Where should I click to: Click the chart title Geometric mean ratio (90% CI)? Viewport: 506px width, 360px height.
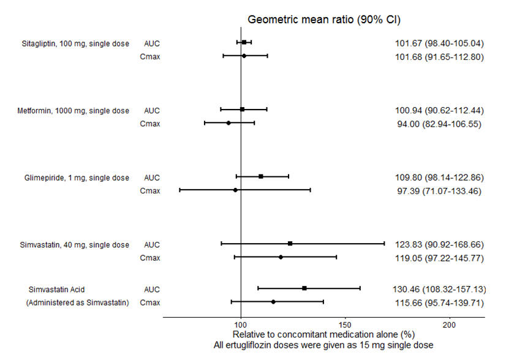pyautogui.click(x=323, y=19)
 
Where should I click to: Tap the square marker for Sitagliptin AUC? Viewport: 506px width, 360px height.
pyautogui.click(x=244, y=42)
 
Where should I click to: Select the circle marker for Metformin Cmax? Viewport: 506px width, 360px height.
pyautogui.click(x=228, y=123)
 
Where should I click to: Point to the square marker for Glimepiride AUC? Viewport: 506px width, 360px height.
pyautogui.click(x=261, y=176)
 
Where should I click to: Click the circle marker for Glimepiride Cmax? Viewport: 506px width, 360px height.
pyautogui.click(x=235, y=190)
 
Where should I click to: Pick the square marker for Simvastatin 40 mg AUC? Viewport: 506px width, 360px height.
pyautogui.click(x=290, y=244)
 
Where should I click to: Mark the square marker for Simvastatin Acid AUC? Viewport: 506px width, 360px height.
pyautogui.click(x=304, y=288)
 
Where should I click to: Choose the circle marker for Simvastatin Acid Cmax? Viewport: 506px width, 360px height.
pyautogui.click(x=273, y=301)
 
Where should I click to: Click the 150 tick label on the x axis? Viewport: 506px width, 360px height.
pyautogui.click(x=345, y=324)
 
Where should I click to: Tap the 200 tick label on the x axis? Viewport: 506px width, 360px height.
pyautogui.click(x=449, y=324)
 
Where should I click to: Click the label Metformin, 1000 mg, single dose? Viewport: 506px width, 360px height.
pyautogui.click(x=73, y=111)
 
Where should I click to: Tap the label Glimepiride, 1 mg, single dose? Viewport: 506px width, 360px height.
pyautogui.click(x=73, y=178)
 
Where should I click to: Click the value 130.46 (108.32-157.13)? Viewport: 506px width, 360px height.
pyautogui.click(x=438, y=288)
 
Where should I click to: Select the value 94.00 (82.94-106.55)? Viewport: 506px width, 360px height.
pyautogui.click(x=438, y=124)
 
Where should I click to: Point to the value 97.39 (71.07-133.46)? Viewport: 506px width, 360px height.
pyautogui.click(x=438, y=191)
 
